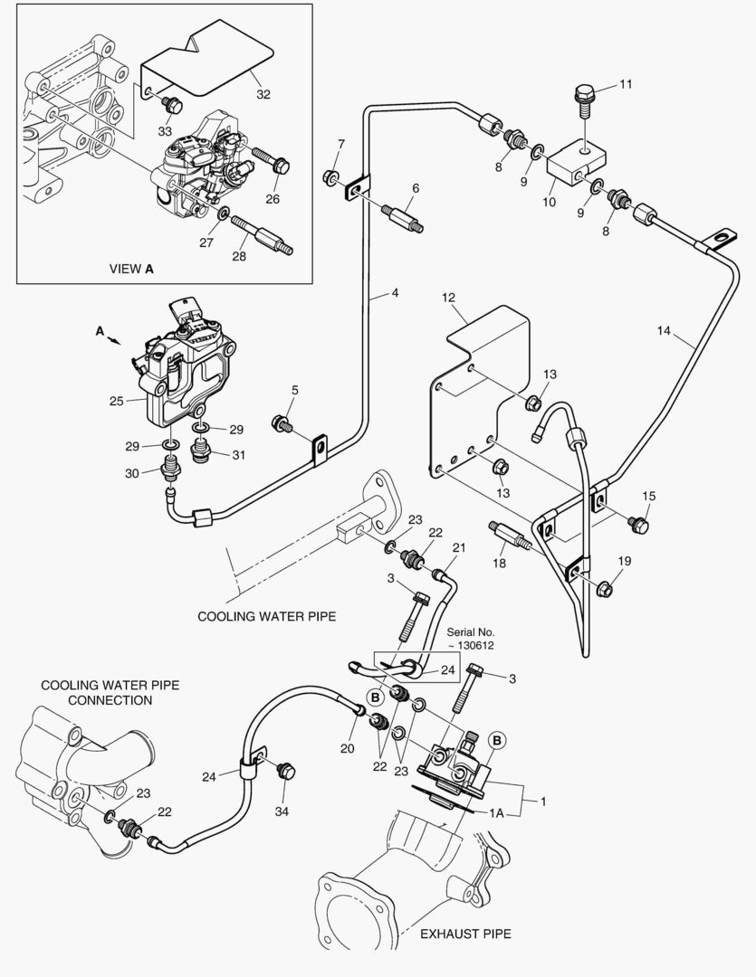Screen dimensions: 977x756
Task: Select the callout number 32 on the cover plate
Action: point(263,94)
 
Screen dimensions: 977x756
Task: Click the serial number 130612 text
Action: point(469,645)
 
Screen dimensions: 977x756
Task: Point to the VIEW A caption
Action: point(131,268)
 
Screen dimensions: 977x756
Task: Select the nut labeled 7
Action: point(331,175)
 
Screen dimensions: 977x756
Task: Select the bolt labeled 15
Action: point(637,525)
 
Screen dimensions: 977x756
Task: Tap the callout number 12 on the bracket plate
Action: point(448,297)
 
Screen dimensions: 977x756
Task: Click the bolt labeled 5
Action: point(283,422)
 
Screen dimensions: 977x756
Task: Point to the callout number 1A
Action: point(496,813)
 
